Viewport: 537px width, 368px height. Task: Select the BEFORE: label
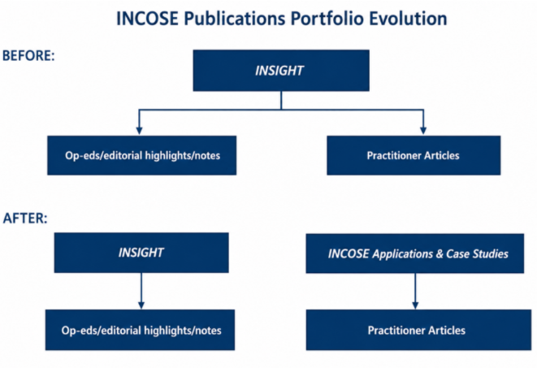(x=28, y=55)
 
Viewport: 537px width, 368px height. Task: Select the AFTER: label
(x=25, y=218)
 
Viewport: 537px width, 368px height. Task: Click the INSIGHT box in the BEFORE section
(x=281, y=71)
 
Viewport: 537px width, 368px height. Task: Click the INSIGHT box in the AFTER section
(x=141, y=253)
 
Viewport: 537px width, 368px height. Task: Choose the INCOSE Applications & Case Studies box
(x=415, y=253)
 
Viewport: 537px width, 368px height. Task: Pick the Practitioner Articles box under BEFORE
(x=414, y=155)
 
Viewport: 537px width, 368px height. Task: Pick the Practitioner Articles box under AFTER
(x=418, y=330)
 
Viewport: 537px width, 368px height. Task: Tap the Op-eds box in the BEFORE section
(x=142, y=155)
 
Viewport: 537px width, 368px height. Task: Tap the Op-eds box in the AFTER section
(x=140, y=330)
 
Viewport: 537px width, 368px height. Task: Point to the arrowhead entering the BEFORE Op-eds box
(x=139, y=131)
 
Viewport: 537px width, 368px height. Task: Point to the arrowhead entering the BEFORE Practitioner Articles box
(x=423, y=131)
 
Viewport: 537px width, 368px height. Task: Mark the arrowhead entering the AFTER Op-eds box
(x=141, y=305)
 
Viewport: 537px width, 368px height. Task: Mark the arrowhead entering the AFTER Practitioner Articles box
(x=415, y=305)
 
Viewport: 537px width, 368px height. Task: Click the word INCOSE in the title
(x=147, y=18)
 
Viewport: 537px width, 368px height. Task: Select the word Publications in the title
(x=235, y=18)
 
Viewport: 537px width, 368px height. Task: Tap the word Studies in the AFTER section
(x=491, y=253)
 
